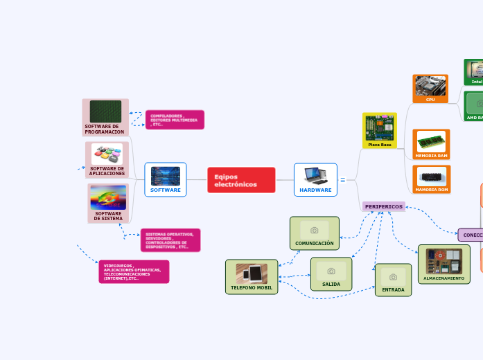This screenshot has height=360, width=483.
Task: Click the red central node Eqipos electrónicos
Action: [x=240, y=180]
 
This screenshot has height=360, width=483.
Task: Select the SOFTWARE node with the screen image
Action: [x=165, y=179]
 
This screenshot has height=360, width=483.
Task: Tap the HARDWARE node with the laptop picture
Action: [x=315, y=179]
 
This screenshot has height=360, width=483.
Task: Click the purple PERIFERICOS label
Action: [x=383, y=206]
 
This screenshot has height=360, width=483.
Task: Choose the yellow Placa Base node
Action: [x=380, y=131]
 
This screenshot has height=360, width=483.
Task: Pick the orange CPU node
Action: [x=430, y=89]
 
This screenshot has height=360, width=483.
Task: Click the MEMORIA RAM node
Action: [x=431, y=143]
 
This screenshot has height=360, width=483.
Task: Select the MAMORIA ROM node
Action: [x=431, y=179]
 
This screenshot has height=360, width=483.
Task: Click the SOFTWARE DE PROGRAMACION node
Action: [x=105, y=117]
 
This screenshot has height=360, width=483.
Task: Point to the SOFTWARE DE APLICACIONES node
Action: [x=107, y=160]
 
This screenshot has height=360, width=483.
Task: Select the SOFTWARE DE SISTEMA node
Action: [x=108, y=203]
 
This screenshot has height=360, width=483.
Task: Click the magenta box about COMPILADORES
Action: [x=175, y=120]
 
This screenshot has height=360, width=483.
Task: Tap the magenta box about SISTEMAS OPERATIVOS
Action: [x=170, y=240]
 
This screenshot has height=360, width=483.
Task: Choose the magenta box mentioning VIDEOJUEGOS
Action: [x=133, y=271]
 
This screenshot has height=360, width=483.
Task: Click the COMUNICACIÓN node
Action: [x=314, y=233]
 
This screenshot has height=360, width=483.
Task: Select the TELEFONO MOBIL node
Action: [x=252, y=277]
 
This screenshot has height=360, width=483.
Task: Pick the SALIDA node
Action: [x=331, y=273]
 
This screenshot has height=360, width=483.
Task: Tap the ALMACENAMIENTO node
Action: [x=444, y=264]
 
